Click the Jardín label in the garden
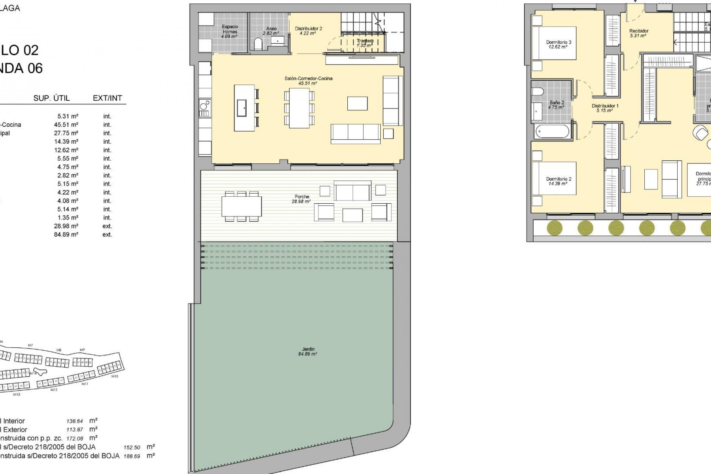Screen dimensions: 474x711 (308, 351)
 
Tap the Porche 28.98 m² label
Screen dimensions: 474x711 (302, 199)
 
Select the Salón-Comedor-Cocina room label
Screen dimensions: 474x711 (308, 81)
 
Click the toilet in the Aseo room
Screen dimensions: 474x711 (258, 45)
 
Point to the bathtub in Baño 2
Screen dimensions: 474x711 (552, 131)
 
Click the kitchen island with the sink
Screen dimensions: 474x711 (244, 108)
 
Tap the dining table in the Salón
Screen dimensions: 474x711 (299, 108)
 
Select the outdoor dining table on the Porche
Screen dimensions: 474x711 (241, 206)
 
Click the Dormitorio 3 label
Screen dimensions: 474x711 (558, 44)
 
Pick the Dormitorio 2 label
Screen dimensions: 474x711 (558, 181)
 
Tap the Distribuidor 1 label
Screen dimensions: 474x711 (605, 108)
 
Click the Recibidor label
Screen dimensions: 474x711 (639, 33)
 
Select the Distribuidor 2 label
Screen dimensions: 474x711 (308, 31)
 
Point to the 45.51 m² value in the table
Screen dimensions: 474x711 (66, 125)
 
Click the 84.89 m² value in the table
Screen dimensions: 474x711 (66, 234)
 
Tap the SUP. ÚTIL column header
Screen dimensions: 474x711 (51, 98)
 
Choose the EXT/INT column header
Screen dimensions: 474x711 (107, 98)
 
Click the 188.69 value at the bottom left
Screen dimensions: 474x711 (132, 456)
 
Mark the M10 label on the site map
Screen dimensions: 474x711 (114, 376)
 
